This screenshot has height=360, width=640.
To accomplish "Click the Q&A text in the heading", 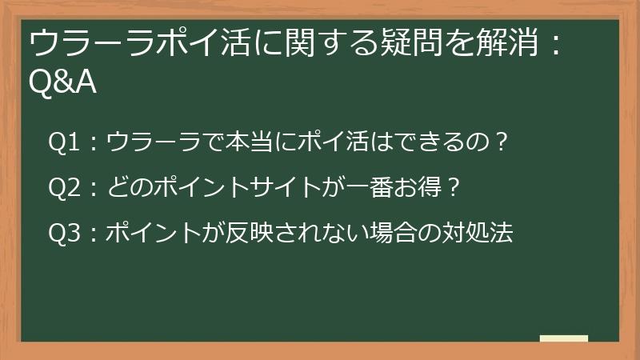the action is point(62,83).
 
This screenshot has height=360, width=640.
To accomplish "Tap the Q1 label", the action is point(64,142).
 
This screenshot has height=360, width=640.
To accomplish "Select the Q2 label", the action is point(64,188).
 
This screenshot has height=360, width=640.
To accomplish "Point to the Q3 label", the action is point(64,233).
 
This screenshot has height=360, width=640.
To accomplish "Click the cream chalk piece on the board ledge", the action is point(564,338).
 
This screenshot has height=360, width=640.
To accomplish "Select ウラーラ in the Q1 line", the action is point(154,142).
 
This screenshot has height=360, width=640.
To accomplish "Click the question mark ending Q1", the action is point(502,142).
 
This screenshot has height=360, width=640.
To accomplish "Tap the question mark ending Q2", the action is point(453,187).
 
